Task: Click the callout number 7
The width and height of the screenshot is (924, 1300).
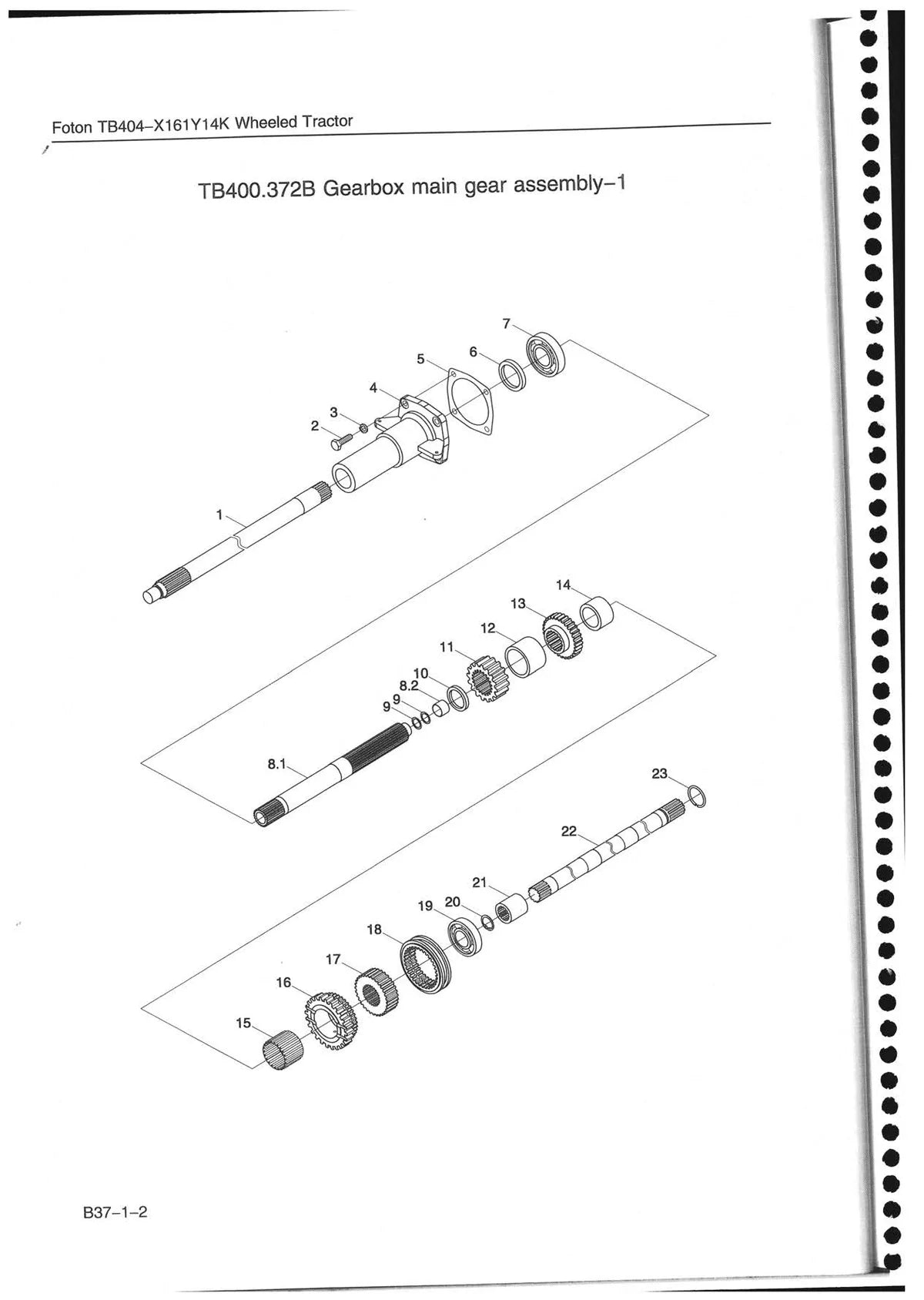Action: (x=507, y=323)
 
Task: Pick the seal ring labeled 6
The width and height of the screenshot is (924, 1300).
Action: (x=513, y=375)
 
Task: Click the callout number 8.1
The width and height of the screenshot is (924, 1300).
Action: (x=276, y=765)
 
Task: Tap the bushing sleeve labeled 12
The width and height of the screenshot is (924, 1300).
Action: (x=526, y=657)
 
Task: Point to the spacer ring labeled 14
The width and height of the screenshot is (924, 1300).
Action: (x=598, y=614)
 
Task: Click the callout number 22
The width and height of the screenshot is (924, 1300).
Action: (x=569, y=832)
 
